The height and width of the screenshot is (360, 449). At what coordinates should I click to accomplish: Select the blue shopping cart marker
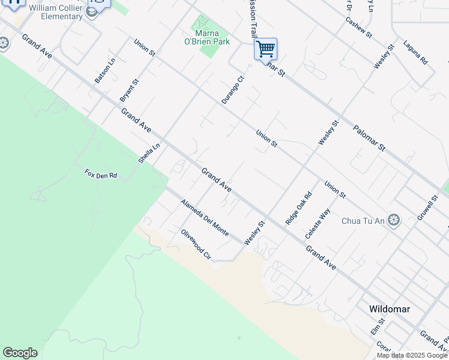tap(265, 49)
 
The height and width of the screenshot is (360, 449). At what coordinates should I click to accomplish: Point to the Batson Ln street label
tap(105, 71)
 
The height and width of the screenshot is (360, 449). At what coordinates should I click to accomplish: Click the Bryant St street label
tap(129, 89)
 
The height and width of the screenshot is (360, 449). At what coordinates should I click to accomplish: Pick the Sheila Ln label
tap(149, 153)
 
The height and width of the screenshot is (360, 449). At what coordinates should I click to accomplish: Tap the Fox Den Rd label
tap(100, 175)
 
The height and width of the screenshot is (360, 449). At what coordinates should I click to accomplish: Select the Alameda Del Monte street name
tap(204, 217)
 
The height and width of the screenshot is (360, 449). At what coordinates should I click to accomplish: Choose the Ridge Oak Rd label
tap(299, 208)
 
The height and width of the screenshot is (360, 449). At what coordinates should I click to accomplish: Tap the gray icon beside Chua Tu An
tap(394, 220)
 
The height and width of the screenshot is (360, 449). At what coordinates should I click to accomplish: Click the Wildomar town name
tap(390, 309)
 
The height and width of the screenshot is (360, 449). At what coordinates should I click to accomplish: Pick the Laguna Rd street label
tap(415, 53)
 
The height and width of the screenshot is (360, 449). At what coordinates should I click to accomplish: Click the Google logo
tap(20, 353)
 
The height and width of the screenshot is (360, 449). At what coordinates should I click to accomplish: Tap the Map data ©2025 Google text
tap(411, 355)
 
